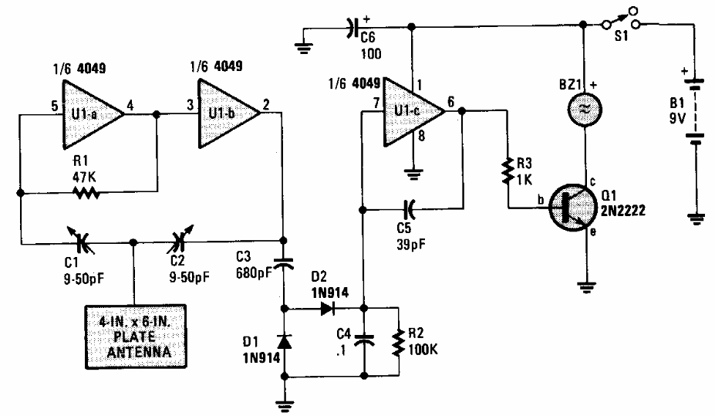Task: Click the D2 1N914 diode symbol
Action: pyautogui.click(x=326, y=307)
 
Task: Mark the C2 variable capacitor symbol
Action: pyautogui.click(x=185, y=244)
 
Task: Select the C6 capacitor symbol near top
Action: pyautogui.click(x=352, y=29)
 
